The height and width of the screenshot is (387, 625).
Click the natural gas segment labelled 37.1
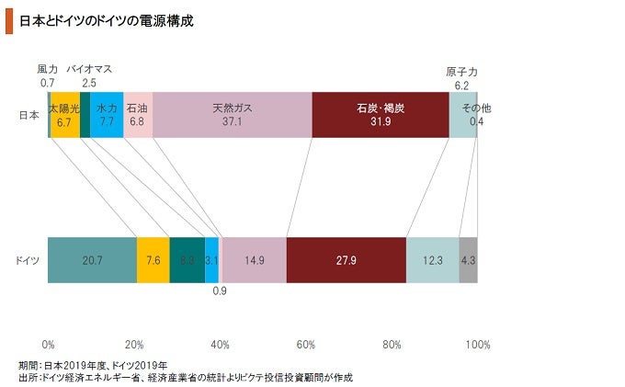tap(232, 115)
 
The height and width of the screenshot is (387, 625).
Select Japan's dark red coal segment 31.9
tap(381, 115)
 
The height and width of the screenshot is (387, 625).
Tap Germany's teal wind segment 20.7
tap(92, 260)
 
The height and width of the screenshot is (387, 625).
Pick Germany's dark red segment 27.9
tap(346, 260)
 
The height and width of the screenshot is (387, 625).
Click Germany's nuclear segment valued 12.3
tap(432, 260)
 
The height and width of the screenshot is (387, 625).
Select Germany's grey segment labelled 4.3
tap(468, 260)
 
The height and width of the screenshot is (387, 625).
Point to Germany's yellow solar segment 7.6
tap(153, 260)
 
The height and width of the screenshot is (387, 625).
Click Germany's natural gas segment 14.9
tap(254, 260)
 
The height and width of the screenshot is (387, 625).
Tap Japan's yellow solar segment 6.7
tap(64, 115)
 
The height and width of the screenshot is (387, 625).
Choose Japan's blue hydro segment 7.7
tap(107, 115)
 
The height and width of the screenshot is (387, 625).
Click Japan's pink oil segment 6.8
tap(138, 115)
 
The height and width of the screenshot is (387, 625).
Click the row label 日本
tap(28, 115)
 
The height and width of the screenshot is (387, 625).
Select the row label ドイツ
tap(28, 261)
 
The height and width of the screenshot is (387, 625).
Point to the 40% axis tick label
tap(220, 345)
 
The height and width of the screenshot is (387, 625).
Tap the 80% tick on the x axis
tap(392, 345)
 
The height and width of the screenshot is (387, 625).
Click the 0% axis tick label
tap(49, 345)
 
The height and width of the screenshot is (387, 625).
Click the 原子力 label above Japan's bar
tap(460, 72)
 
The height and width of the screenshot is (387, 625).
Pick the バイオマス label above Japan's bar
tap(89, 69)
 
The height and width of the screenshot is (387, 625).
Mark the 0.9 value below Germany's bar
tap(220, 292)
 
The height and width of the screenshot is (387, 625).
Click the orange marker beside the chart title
tap(9, 21)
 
